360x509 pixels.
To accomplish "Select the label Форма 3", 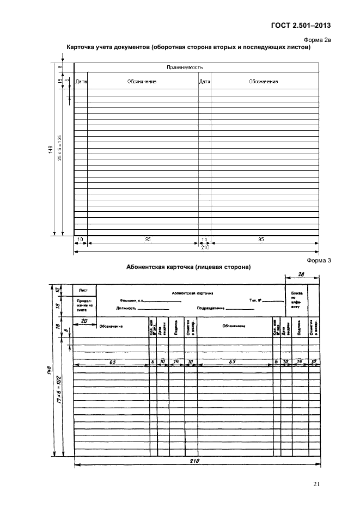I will coord(319,260).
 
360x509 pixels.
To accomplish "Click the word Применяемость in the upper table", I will coord(185,68).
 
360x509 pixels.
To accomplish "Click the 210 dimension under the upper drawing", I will coord(205,247).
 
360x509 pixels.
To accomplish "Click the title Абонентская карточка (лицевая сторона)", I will coord(188,268).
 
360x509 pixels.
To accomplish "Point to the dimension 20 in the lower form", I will coord(84,321).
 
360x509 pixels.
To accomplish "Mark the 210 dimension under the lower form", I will coord(196,461).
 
